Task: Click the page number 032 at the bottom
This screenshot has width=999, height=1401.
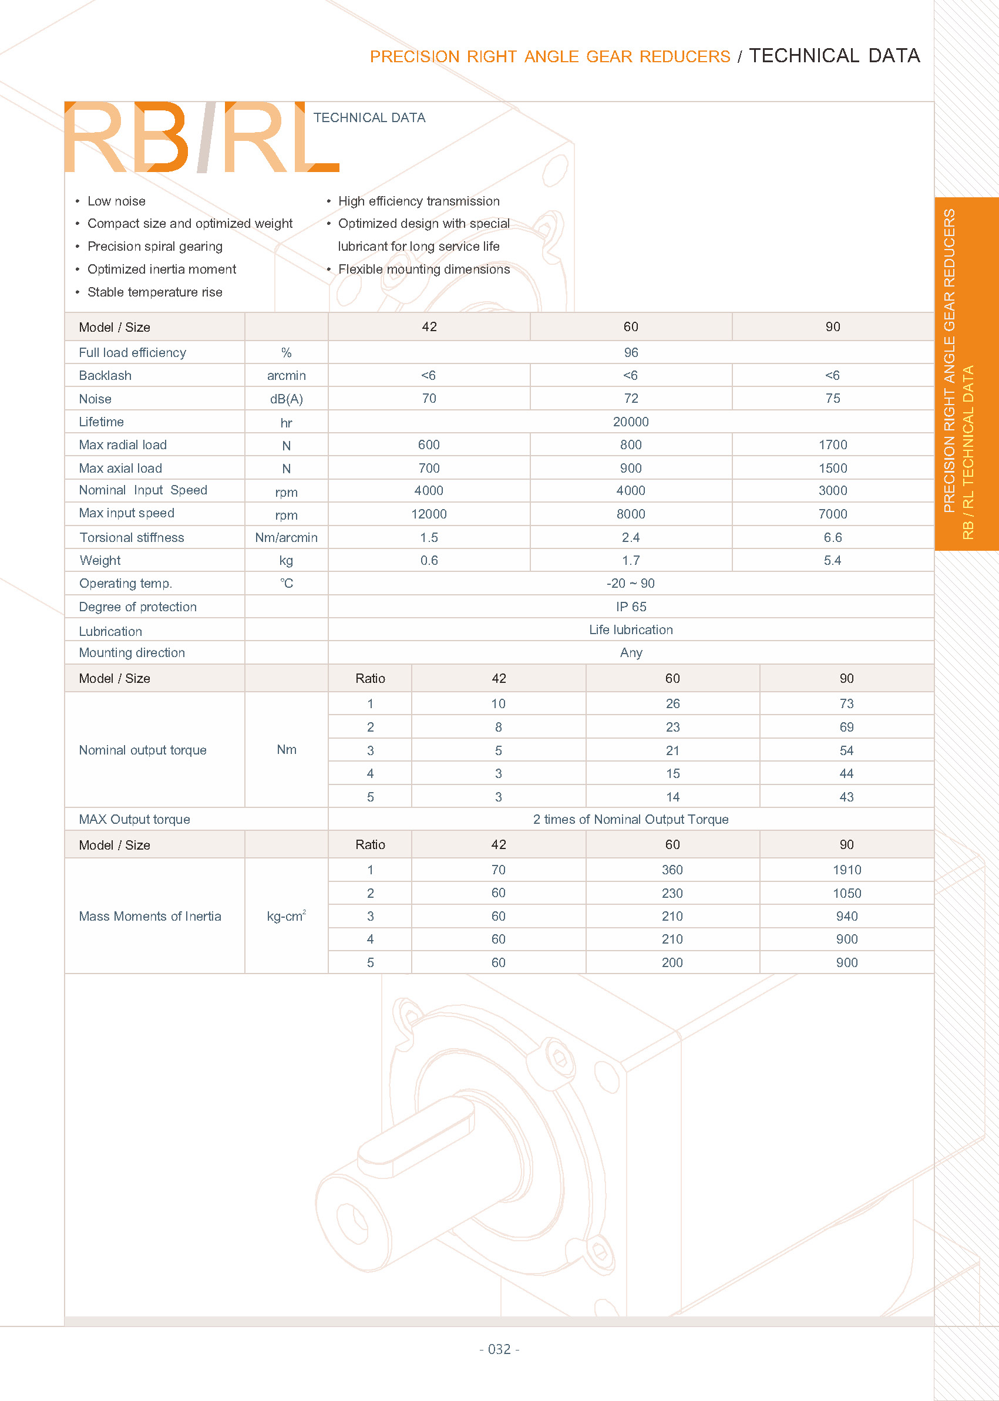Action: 499,1349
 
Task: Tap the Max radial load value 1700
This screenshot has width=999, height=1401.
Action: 832,444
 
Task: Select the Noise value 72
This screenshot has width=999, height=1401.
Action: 631,399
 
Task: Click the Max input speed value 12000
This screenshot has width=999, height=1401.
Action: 429,514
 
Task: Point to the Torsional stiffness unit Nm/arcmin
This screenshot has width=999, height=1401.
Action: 286,537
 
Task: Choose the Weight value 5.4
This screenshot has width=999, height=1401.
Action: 832,560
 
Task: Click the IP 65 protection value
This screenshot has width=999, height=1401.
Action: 631,607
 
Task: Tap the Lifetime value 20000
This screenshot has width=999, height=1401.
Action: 631,422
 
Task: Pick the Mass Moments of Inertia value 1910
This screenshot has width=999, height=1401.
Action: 846,870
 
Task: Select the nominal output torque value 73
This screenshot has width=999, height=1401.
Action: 846,703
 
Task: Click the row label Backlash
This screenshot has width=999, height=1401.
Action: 105,375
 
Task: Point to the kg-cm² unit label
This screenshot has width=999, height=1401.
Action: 286,916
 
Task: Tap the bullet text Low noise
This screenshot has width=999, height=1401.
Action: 116,201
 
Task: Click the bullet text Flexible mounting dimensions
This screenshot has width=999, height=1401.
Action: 424,270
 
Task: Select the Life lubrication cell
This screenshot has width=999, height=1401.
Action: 631,630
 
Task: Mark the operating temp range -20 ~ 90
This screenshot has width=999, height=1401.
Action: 631,583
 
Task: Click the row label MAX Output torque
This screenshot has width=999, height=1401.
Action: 134,819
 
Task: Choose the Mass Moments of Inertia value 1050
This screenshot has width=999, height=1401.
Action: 846,893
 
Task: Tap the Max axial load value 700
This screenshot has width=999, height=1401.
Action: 429,468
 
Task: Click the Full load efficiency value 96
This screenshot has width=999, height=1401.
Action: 631,352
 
